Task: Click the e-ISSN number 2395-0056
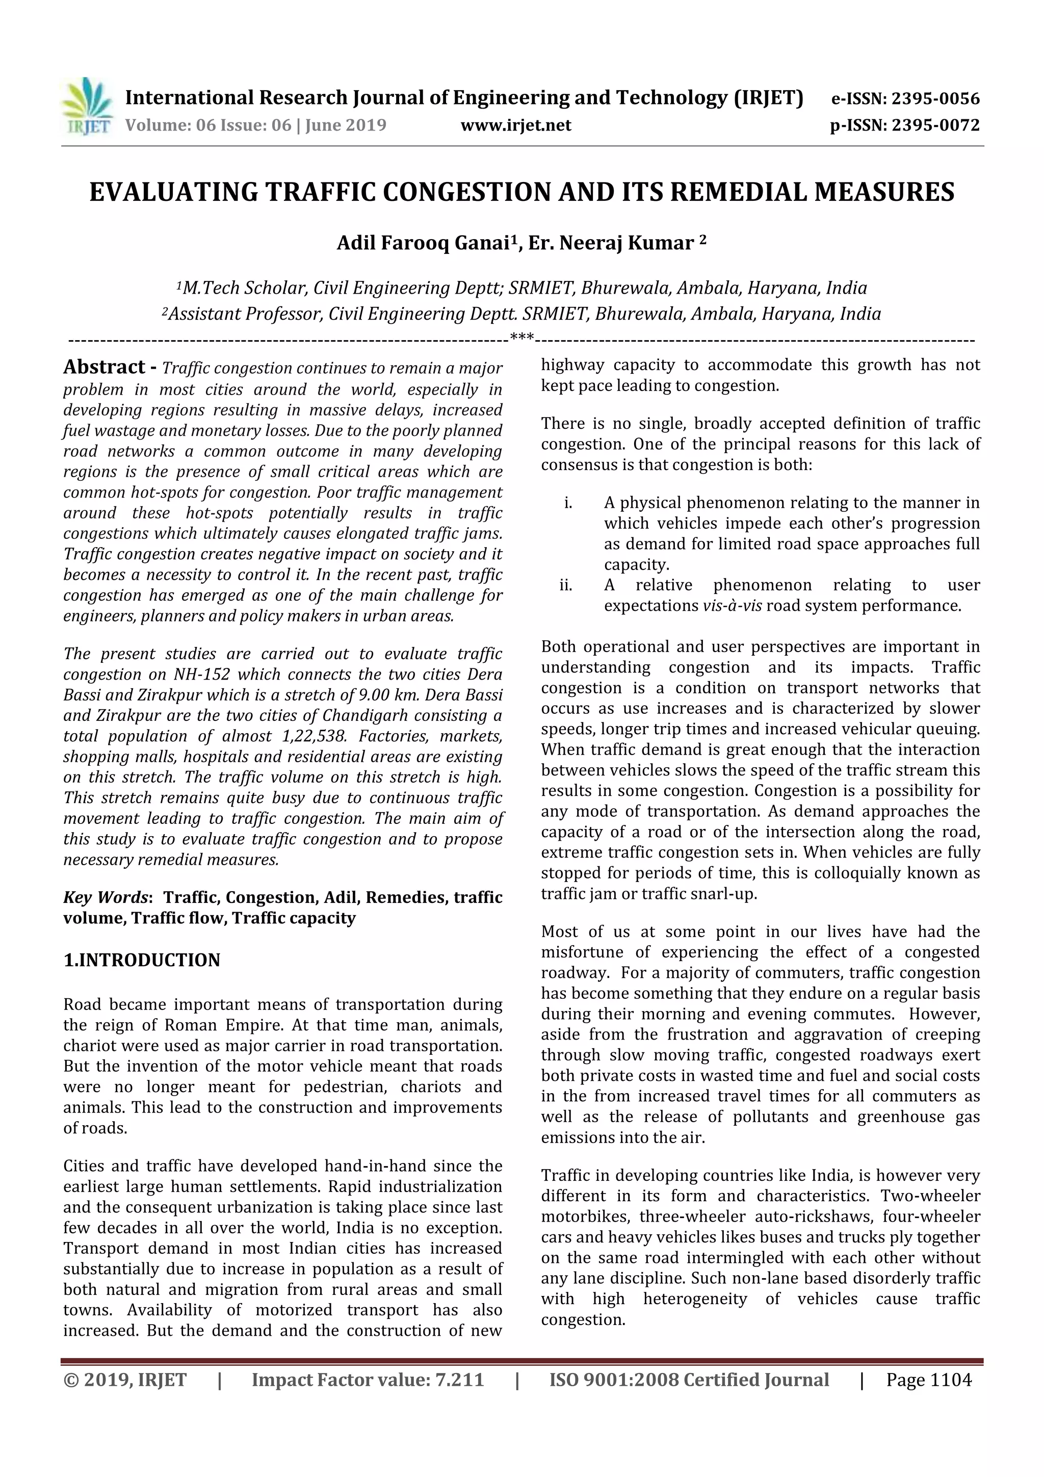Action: click(934, 98)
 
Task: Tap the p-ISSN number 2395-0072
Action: click(934, 125)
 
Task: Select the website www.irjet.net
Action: click(516, 125)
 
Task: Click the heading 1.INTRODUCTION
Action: click(142, 960)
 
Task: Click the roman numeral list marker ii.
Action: click(565, 585)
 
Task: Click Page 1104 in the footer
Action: click(928, 1380)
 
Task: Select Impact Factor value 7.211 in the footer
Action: click(368, 1380)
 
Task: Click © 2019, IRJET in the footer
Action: click(125, 1380)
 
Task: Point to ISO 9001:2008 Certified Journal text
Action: click(689, 1380)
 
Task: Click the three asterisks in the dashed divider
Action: click(521, 336)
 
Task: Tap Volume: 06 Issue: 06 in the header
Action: click(209, 125)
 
